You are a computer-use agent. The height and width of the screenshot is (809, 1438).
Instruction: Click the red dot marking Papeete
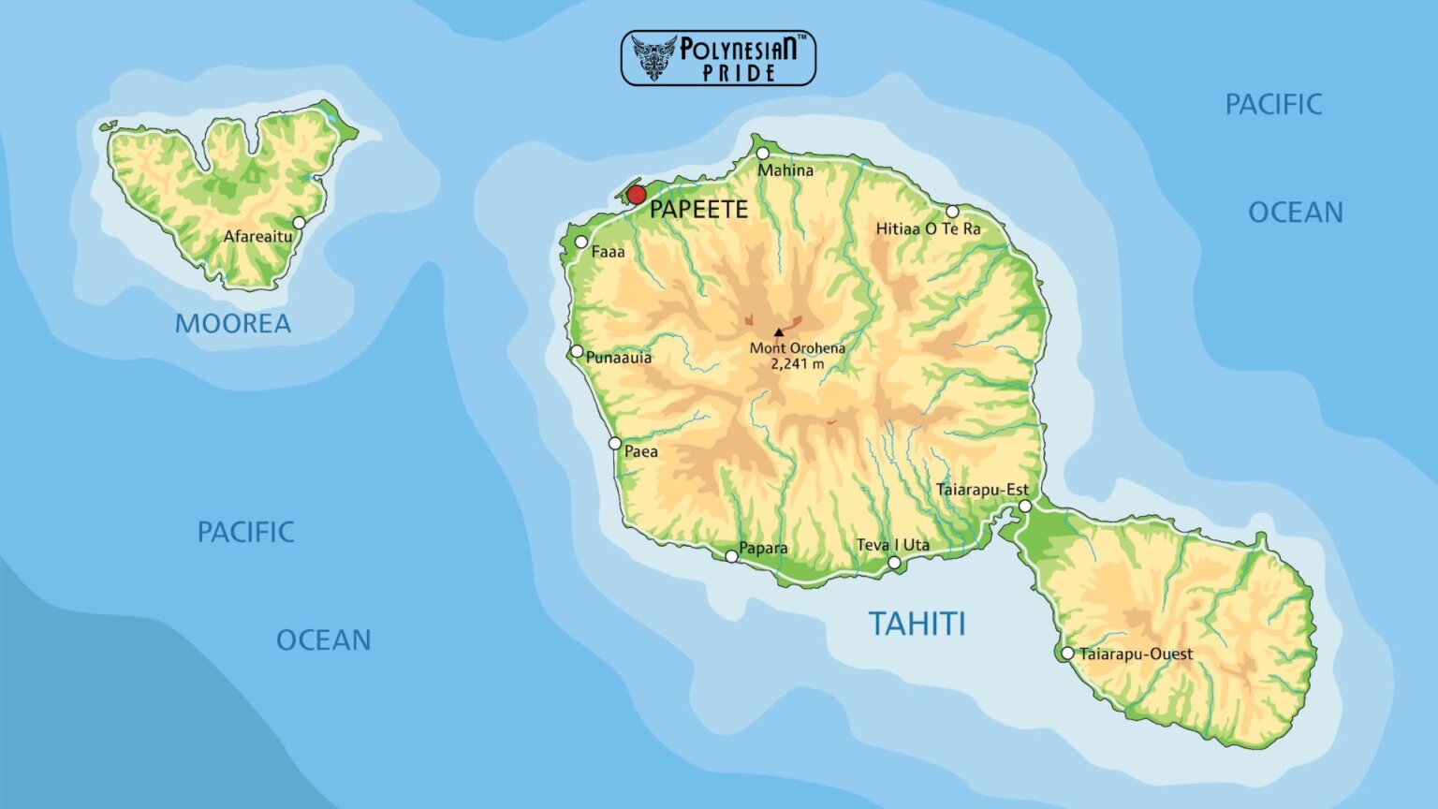(x=636, y=195)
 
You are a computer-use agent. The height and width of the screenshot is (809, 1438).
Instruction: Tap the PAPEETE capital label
(x=698, y=210)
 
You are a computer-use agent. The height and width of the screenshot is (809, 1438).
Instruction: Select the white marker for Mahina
(x=763, y=154)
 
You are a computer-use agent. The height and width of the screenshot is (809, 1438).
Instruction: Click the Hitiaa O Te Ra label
(x=928, y=228)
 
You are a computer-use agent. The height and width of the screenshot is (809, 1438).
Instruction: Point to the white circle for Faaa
(x=581, y=243)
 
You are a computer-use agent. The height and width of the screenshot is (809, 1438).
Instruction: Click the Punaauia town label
(x=618, y=357)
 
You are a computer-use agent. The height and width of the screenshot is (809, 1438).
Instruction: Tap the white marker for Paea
(x=615, y=444)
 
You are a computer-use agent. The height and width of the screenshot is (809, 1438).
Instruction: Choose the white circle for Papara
(x=731, y=556)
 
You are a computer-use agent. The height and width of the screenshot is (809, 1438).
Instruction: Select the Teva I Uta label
(x=892, y=545)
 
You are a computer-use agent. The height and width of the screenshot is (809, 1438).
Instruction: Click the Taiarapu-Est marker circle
(x=1025, y=507)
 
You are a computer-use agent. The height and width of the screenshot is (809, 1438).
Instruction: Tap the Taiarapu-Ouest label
(x=1136, y=654)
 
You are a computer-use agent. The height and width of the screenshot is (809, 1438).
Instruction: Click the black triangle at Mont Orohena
(x=778, y=332)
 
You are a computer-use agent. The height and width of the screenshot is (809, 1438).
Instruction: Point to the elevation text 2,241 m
(x=798, y=364)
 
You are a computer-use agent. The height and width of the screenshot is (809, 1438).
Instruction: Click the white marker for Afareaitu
(x=299, y=223)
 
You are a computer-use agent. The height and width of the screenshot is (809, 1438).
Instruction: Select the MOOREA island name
(x=233, y=324)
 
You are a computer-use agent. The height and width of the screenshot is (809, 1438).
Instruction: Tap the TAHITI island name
(x=917, y=624)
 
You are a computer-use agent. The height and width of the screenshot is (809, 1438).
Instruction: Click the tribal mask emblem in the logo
(x=653, y=57)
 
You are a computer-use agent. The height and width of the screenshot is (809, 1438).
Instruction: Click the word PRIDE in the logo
(x=739, y=73)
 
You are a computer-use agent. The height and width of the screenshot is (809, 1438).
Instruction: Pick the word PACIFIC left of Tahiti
(x=245, y=532)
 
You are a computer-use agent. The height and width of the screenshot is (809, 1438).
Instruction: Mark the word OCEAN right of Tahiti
(x=1295, y=213)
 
